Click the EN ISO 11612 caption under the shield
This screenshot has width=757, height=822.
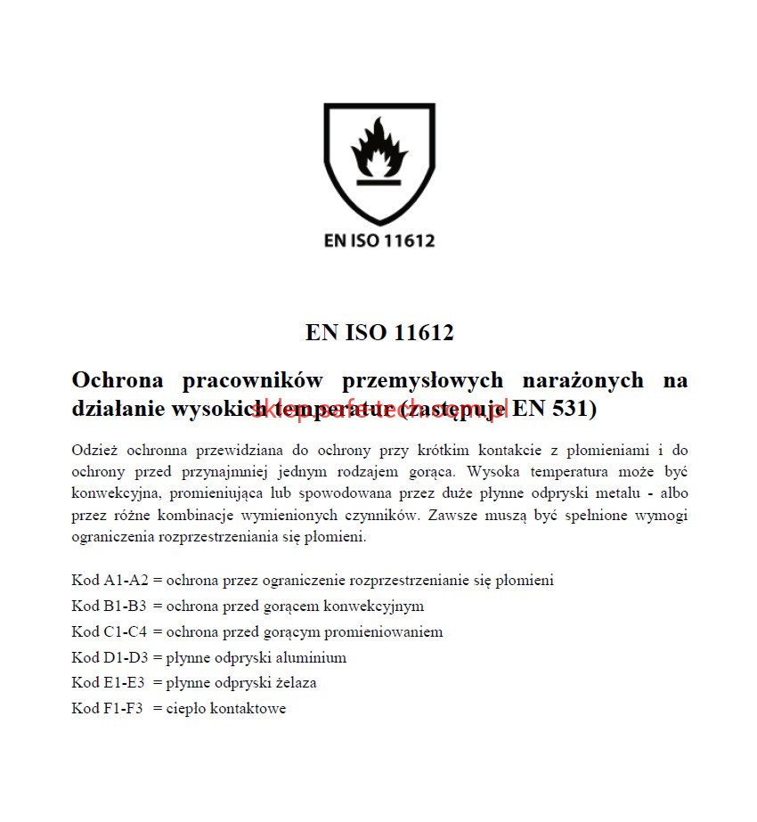[x=378, y=240]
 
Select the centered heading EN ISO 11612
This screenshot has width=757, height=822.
[x=379, y=333]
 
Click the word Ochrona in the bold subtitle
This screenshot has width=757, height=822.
[x=118, y=380]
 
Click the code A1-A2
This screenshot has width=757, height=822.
[x=126, y=581]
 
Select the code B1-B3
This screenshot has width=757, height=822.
[x=125, y=606]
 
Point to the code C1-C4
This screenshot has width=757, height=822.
[x=125, y=632]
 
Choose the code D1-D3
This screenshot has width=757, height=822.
[x=126, y=658]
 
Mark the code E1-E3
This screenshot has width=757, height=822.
[x=124, y=683]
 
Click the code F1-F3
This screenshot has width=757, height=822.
[x=124, y=709]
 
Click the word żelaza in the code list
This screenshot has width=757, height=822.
[x=293, y=683]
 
